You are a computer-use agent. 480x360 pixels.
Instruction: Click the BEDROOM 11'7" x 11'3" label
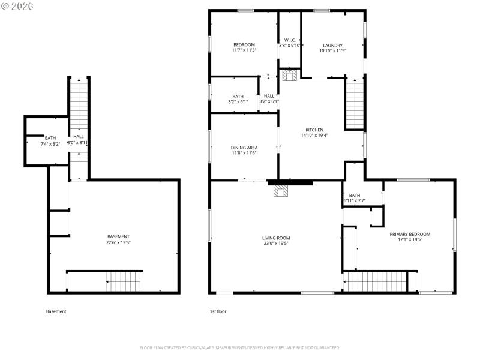(244, 47)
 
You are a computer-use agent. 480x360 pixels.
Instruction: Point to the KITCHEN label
(314, 133)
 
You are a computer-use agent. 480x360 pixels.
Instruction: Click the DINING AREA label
(244, 150)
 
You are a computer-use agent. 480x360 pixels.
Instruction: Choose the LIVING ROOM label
(276, 241)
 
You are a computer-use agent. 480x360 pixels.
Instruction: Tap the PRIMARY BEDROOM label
(410, 236)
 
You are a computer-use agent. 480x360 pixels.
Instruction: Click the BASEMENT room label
(118, 239)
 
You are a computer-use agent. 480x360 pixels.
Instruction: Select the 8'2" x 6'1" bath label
(238, 99)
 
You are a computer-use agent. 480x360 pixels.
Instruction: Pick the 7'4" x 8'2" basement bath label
(50, 141)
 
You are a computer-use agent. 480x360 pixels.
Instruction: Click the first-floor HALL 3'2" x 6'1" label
(269, 99)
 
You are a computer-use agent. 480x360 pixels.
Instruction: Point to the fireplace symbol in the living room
(281, 191)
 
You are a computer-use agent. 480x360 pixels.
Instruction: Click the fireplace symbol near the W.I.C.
(290, 75)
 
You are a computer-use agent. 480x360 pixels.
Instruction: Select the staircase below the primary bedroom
(374, 281)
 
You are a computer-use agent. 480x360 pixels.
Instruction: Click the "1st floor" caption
(218, 311)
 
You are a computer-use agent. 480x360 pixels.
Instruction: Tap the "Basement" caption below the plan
(56, 311)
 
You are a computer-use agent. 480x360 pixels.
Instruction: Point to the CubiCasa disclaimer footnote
(240, 347)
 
